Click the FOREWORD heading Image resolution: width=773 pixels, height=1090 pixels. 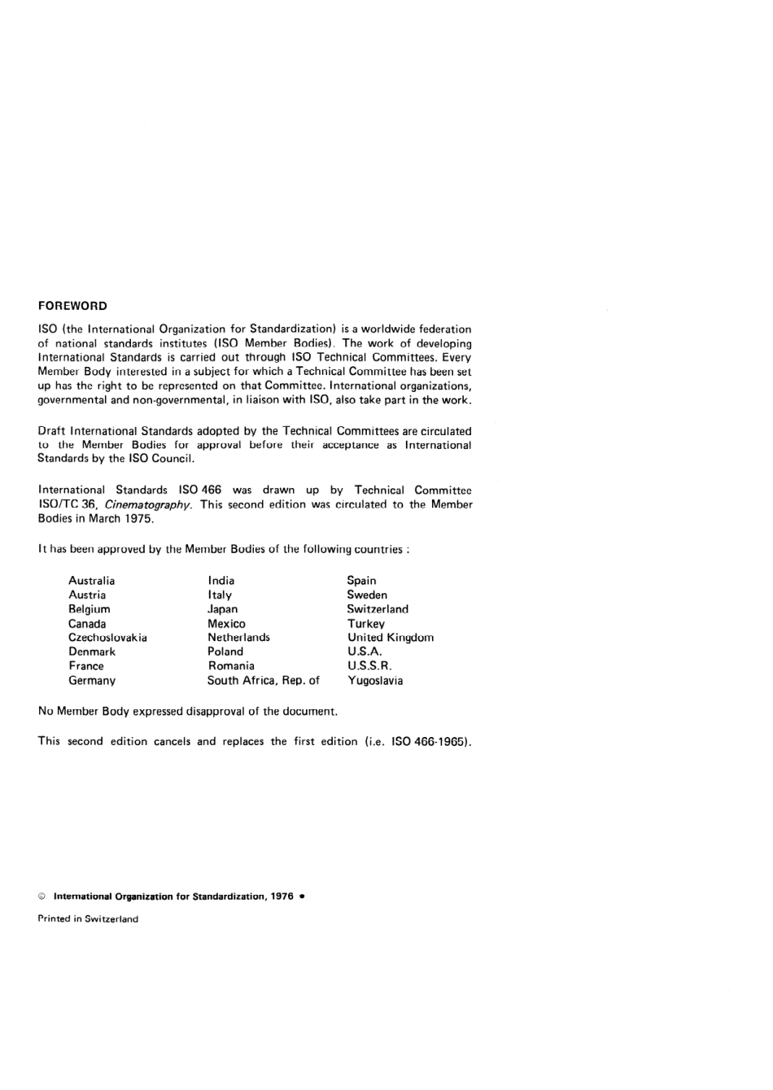72,306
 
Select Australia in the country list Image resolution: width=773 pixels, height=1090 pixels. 91,581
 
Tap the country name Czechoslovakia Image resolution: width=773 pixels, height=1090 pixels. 107,638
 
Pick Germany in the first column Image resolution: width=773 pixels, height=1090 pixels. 92,681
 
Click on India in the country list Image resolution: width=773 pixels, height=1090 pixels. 221,581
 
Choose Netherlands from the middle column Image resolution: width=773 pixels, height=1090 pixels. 238,638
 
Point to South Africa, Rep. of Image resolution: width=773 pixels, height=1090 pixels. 263,681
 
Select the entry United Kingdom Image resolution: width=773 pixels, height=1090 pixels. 391,638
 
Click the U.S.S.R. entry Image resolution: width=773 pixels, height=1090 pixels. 369,666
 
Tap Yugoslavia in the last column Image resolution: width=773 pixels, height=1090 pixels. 375,681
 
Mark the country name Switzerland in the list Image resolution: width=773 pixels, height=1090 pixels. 378,609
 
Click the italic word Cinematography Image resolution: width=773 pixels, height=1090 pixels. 148,505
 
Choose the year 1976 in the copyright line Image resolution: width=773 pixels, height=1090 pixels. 281,896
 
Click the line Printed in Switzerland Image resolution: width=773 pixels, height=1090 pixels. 88,919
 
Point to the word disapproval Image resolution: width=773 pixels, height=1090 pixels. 215,712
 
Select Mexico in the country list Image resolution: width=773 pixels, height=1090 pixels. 226,624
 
